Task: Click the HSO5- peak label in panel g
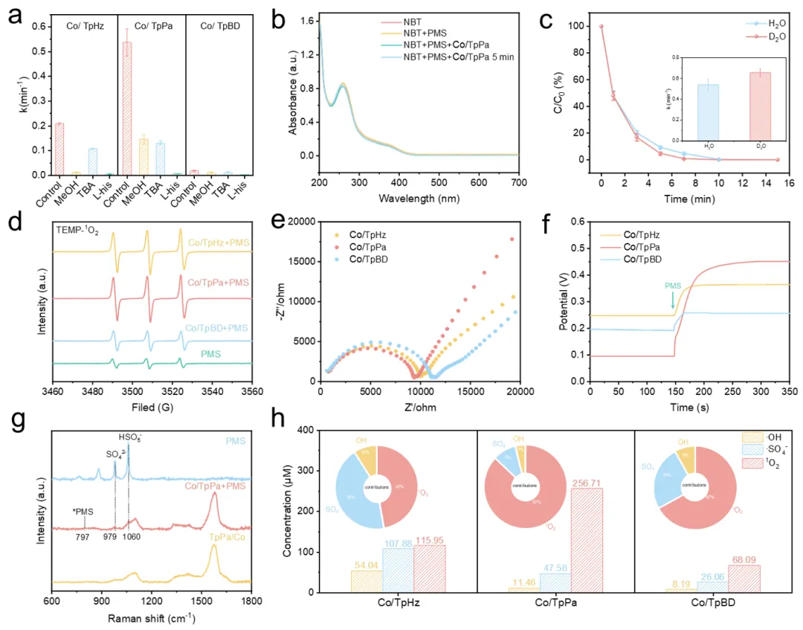129,440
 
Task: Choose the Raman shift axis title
152,619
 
